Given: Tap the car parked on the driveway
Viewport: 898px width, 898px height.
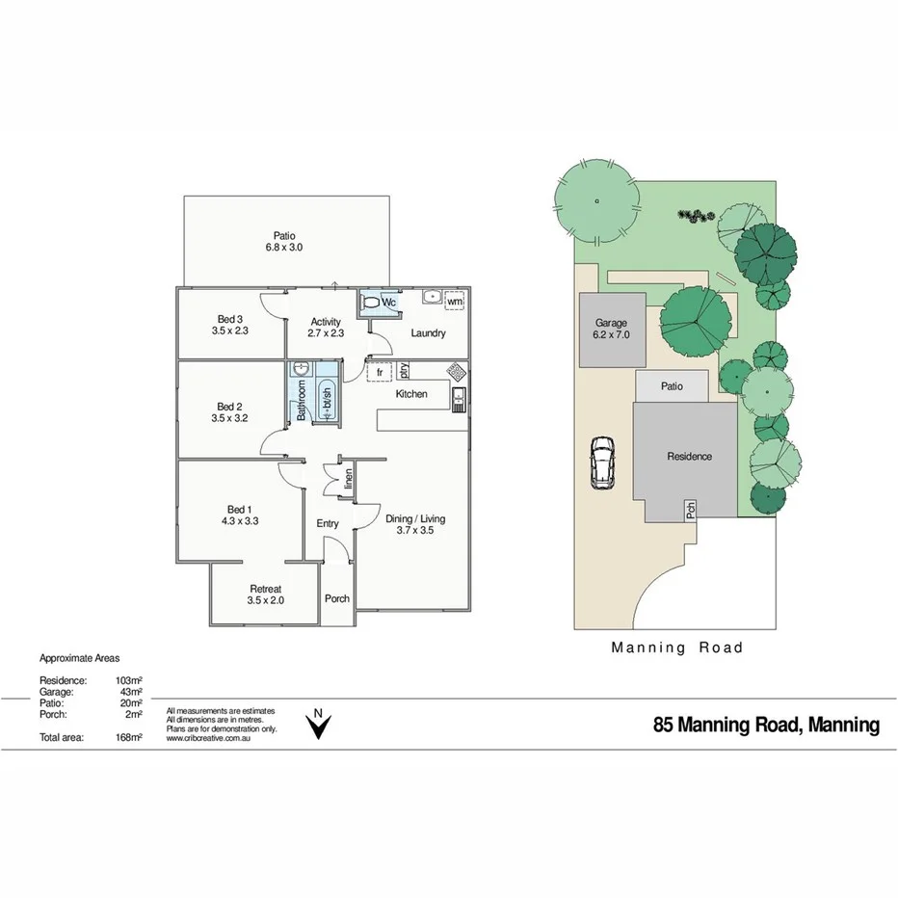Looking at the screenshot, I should click(x=602, y=462).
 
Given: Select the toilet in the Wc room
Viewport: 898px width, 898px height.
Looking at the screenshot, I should click(x=371, y=303).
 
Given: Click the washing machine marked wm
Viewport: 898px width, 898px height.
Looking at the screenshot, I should click(x=454, y=302).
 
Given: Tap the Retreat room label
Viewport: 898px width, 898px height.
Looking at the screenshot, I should click(x=265, y=589).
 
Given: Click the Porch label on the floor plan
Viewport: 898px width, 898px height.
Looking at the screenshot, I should click(x=337, y=598).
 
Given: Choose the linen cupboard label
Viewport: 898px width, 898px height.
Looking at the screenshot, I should click(x=349, y=478).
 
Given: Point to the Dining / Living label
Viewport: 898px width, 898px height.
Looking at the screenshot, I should click(x=415, y=518).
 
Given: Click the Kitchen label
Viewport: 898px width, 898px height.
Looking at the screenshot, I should click(x=411, y=394).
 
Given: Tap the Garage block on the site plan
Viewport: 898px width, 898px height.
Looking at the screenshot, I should click(x=612, y=330).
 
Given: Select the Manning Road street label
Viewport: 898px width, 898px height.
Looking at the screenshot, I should click(x=677, y=648).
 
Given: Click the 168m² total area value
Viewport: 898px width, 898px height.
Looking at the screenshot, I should click(x=128, y=737).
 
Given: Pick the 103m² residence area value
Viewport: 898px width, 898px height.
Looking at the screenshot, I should click(x=128, y=680).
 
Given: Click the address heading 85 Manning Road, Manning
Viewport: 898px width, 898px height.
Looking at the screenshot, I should click(x=766, y=725).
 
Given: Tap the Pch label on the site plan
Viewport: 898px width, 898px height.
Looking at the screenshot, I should click(x=691, y=512).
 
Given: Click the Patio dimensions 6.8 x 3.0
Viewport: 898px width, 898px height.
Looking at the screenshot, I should click(x=284, y=248).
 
